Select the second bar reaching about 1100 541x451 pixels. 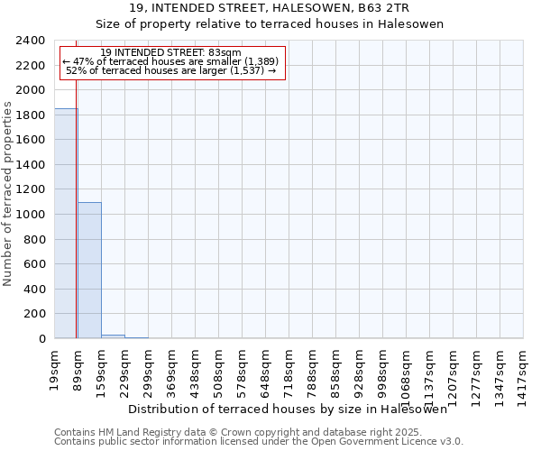coord(89,271)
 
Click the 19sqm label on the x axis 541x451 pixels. coord(54,365)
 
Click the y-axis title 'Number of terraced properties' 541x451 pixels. coord(8,194)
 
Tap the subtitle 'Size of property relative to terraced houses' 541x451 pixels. coord(270,24)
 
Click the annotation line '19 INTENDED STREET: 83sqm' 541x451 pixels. coord(171,52)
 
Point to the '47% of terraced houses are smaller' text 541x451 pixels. coord(171,61)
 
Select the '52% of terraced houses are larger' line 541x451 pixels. coord(171,70)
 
